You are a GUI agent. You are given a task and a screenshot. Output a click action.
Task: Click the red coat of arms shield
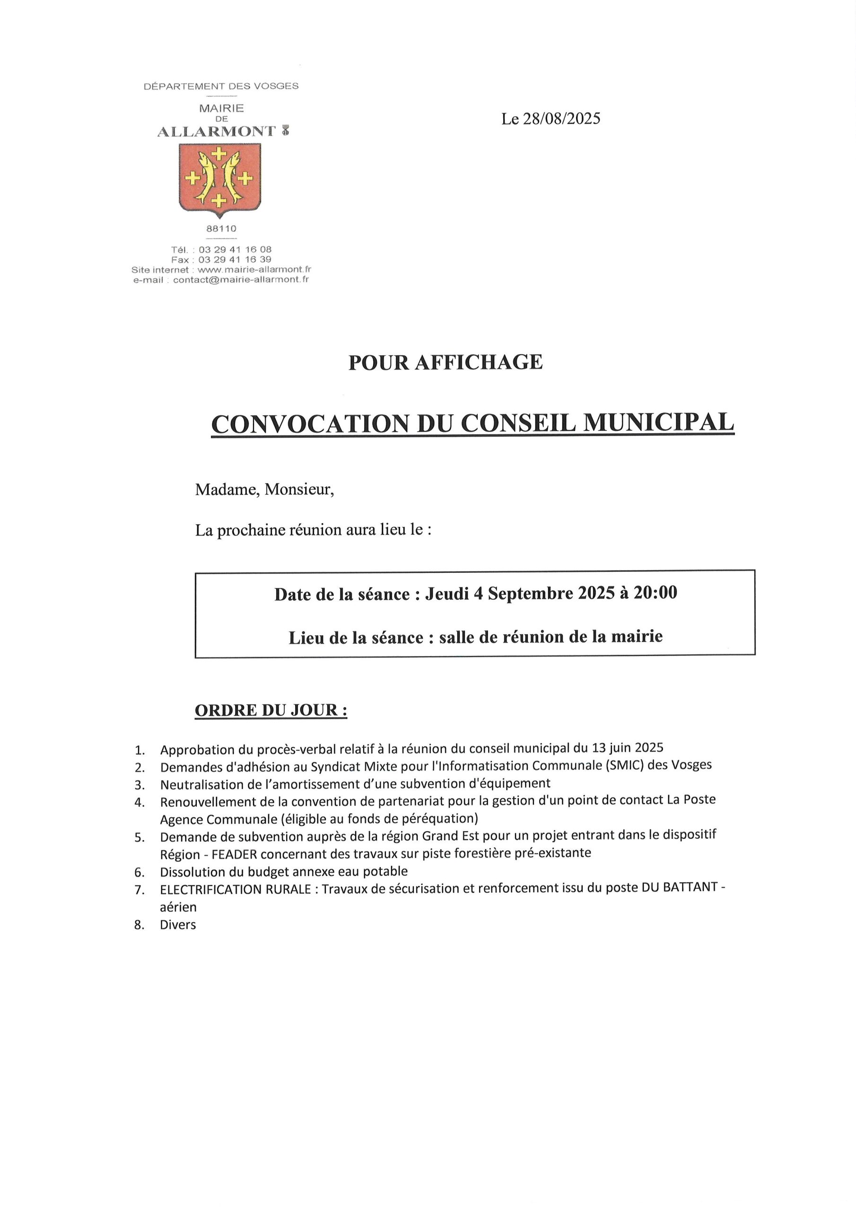tap(220, 179)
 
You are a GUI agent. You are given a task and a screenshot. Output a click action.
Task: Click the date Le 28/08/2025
tap(550, 119)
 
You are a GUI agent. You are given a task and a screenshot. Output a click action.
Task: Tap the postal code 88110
tap(221, 229)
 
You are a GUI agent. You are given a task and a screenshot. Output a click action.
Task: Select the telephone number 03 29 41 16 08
tap(235, 249)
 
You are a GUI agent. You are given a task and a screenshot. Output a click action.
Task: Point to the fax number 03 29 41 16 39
tap(235, 260)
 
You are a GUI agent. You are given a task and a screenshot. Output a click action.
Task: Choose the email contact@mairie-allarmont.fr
tap(241, 280)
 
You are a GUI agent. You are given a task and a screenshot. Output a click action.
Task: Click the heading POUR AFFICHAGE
tap(445, 362)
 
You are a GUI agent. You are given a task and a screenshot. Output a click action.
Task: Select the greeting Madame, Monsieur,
tap(264, 490)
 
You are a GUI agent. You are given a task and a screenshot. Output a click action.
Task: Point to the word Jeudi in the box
tap(447, 594)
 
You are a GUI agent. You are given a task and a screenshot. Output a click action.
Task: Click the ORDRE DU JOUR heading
tap(271, 711)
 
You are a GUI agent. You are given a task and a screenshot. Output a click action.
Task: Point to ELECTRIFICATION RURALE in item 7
tap(235, 889)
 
